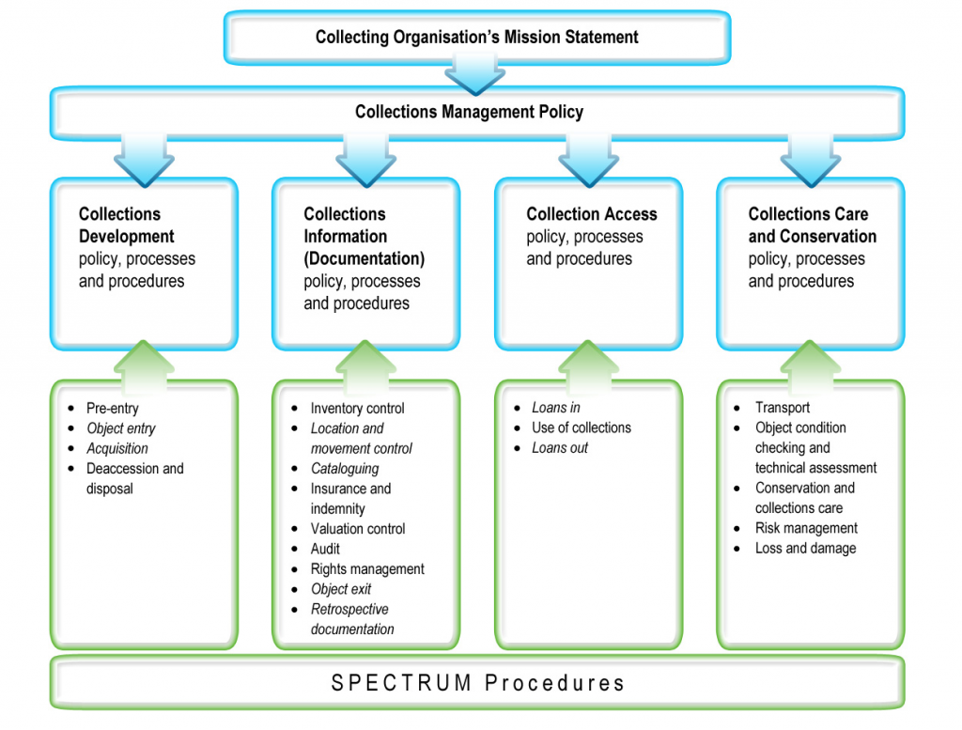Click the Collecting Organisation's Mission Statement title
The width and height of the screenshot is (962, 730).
point(476,38)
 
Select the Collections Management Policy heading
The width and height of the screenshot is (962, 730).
point(469,112)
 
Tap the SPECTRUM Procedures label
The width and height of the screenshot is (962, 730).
point(477,683)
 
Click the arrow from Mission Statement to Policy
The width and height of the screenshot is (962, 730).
point(475,72)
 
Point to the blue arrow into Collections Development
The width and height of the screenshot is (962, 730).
point(144,158)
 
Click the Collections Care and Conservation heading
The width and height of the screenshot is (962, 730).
point(812,225)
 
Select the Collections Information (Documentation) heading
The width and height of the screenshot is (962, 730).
point(364,237)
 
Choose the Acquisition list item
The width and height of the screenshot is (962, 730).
point(117,448)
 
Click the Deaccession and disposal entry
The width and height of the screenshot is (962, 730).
point(134,478)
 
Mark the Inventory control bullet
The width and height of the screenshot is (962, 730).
point(357,408)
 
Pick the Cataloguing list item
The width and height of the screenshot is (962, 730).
point(345,468)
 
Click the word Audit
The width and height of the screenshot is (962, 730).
point(325,549)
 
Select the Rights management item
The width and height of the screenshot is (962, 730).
point(367,568)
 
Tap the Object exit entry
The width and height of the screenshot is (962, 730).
point(341,589)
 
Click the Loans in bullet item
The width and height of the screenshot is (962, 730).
point(555,408)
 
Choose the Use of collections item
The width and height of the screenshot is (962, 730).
point(582,427)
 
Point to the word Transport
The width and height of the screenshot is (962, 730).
point(782,408)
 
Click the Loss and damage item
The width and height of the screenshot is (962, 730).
point(805,548)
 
